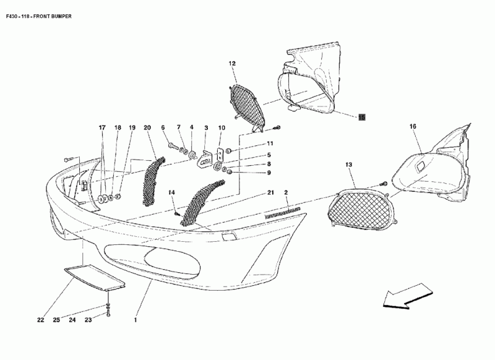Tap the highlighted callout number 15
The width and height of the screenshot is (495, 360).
coord(361,116)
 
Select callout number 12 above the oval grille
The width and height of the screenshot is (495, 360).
coord(232,64)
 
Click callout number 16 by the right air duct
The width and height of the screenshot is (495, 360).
coord(413,127)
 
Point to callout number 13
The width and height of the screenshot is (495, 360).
coord(348,165)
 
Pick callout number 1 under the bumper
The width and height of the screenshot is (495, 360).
coord(135,320)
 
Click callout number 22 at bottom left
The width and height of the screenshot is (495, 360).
coord(40,320)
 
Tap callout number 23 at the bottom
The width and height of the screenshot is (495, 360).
coord(88,320)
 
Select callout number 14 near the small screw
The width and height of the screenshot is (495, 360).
coord(172,193)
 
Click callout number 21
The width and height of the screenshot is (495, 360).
coord(270,193)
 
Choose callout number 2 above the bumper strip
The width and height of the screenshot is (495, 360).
coord(286,193)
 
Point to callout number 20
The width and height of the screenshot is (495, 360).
coord(147,127)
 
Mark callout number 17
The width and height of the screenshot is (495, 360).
coord(102,127)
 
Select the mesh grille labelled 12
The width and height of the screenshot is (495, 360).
coord(246,105)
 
